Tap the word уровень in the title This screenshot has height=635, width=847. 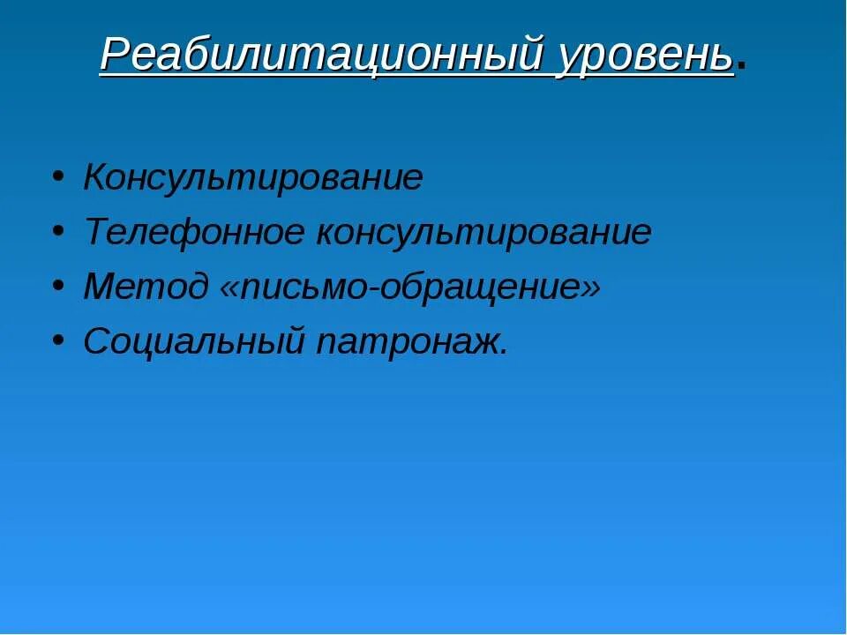coord(645,56)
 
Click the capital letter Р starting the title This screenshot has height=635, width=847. coord(115,56)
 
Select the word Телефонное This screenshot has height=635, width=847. coord(195,233)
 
